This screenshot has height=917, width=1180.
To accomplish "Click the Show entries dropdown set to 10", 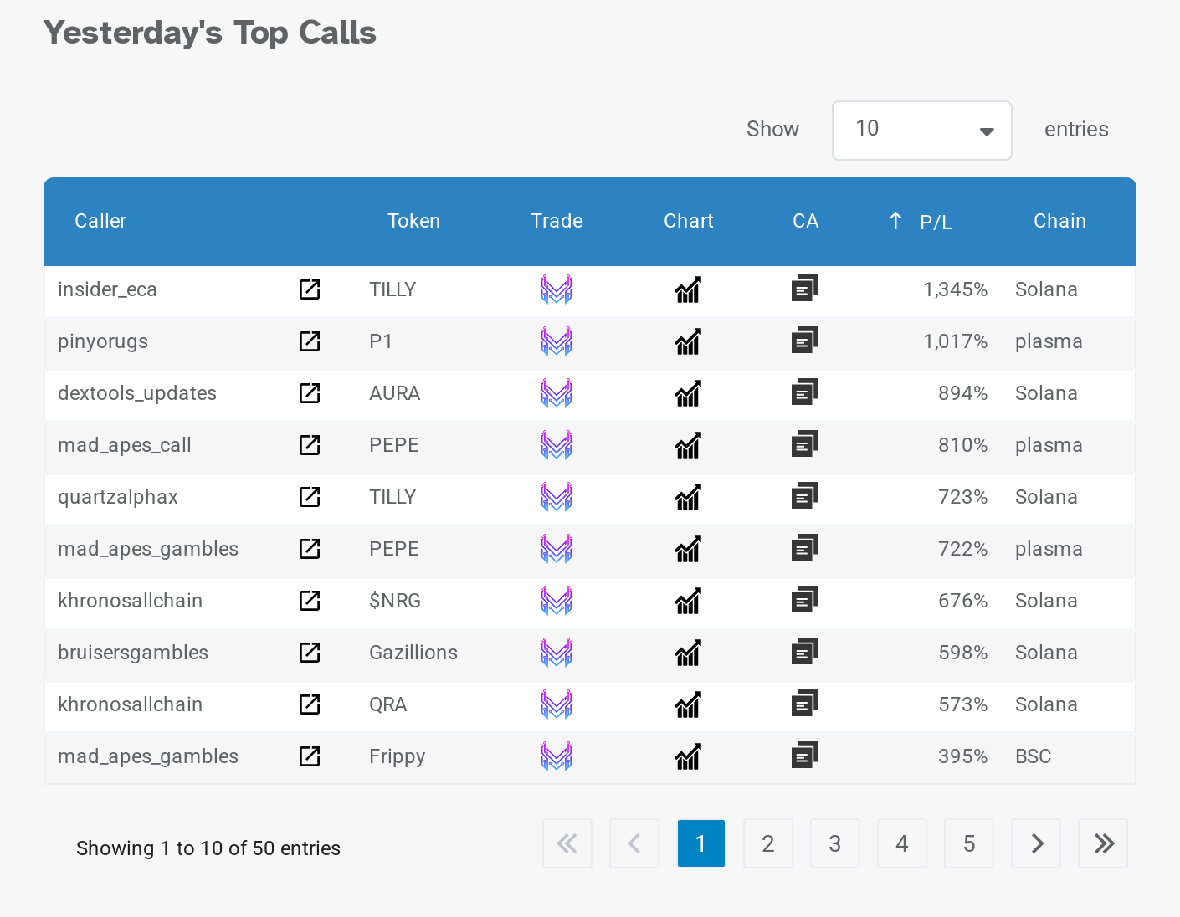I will pos(921,130).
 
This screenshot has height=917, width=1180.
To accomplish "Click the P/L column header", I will pos(935,222).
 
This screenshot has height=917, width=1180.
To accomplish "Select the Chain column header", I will pos(1059,221).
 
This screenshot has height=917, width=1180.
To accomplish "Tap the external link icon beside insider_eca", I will pos(310,289).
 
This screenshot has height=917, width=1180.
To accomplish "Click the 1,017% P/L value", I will pos(955,341).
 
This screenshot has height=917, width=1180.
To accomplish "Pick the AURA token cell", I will pos(394,393).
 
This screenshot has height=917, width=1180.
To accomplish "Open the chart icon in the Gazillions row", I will pos(688,653).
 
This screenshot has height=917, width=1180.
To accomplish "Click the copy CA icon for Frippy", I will pos(804,756).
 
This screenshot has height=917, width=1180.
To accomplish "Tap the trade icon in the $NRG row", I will pos(556,601).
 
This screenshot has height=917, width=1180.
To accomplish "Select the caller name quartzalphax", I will pos(118,497).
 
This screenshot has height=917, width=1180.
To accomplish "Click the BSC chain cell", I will pos(1033,756).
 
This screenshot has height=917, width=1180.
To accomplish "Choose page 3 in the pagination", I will pos(834,843).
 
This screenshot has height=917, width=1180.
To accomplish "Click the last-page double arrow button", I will pos(1103,843).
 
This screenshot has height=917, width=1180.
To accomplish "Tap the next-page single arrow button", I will pos(1036,843).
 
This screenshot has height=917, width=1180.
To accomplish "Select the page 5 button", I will pos(968,843).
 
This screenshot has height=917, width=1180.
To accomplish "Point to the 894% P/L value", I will pos(962,393).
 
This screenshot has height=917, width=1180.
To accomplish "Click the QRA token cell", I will pos(387,704).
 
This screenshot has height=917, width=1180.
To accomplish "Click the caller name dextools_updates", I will pos(137,393).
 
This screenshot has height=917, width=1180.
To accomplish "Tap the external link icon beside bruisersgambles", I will pos(310,653).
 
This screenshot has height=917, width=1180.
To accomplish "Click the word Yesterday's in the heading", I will pos(132,33).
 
